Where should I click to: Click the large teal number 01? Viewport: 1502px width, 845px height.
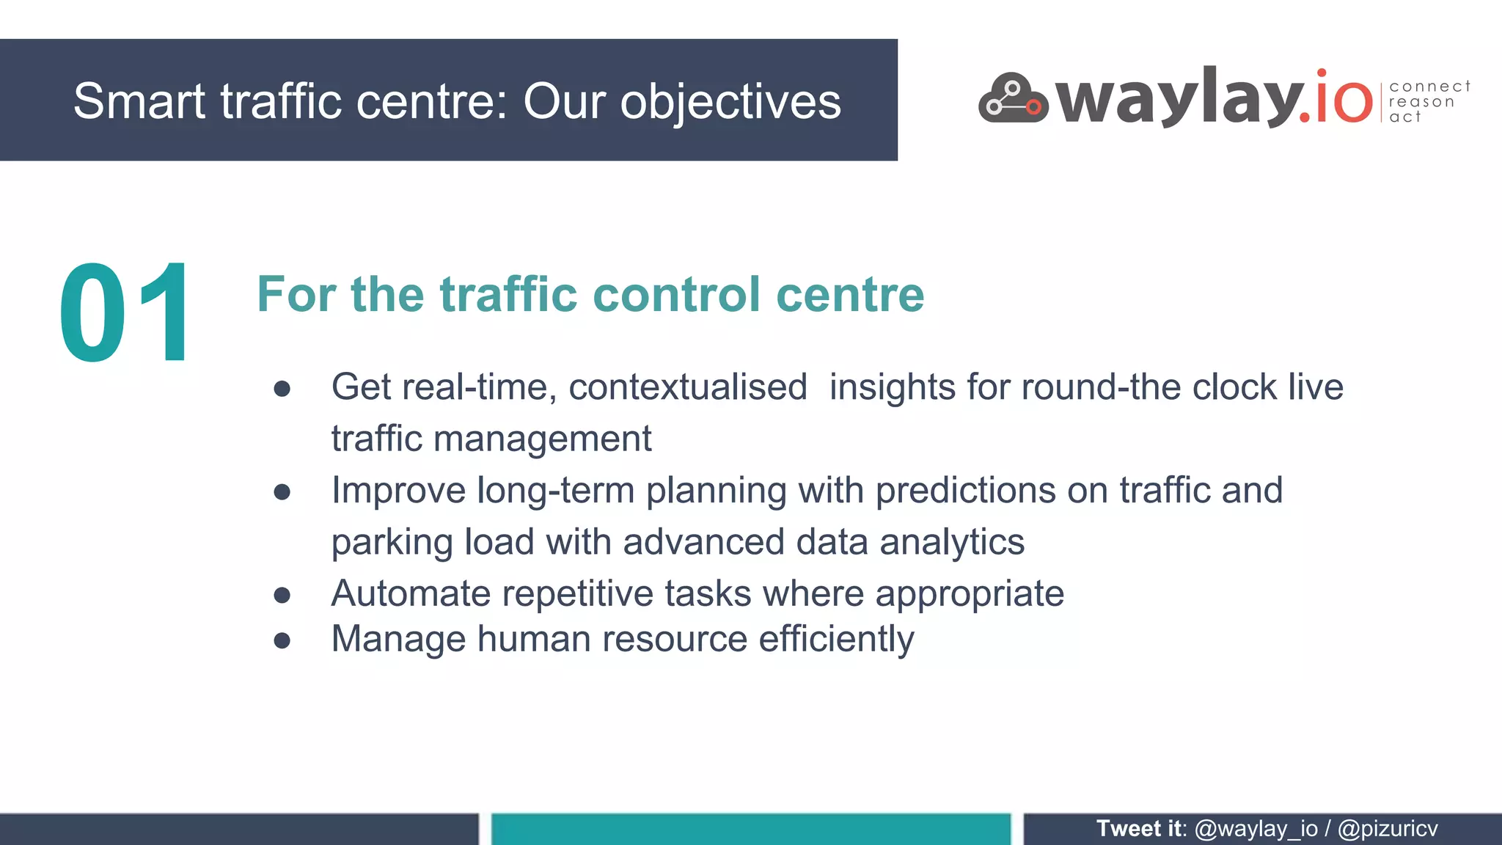click(x=125, y=313)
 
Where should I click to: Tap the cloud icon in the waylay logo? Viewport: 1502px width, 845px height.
click(x=1013, y=99)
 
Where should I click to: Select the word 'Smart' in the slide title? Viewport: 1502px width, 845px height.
click(x=139, y=101)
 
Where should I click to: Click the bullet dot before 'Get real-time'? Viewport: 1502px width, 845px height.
click(x=282, y=389)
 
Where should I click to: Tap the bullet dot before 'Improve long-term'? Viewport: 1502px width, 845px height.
click(x=282, y=492)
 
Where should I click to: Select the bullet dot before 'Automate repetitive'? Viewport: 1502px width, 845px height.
click(x=282, y=595)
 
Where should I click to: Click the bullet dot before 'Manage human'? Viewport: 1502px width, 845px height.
click(x=282, y=640)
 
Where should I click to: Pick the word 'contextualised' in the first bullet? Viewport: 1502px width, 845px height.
click(x=688, y=387)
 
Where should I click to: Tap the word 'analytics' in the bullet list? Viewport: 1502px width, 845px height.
click(x=952, y=542)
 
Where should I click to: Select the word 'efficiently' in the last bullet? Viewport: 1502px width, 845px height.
click(x=836, y=639)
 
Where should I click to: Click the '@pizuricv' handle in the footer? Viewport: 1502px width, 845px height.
click(x=1388, y=829)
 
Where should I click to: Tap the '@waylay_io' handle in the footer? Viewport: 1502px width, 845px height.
click(x=1256, y=829)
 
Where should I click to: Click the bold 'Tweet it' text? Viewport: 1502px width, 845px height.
click(x=1140, y=829)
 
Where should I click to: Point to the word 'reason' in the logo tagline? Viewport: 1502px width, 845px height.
click(x=1421, y=102)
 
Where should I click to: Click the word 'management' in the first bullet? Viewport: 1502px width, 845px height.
click(x=542, y=439)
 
